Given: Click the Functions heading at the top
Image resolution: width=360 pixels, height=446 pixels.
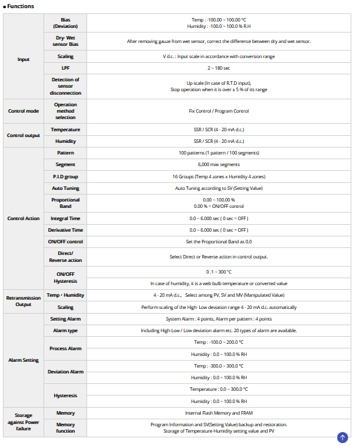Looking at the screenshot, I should click(20, 6).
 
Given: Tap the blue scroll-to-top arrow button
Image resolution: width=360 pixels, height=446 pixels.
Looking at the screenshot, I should click(342, 437).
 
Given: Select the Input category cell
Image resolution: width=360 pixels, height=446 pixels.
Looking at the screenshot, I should click(23, 59).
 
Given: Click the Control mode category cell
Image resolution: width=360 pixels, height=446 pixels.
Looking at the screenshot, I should click(23, 111).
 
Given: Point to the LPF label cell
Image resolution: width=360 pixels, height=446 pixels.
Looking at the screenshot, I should click(65, 68).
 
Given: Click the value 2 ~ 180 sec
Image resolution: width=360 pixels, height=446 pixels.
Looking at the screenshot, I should click(218, 68).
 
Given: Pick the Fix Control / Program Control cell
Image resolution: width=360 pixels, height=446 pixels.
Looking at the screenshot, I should click(218, 111).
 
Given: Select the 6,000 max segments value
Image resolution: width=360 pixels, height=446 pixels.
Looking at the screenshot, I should click(218, 165).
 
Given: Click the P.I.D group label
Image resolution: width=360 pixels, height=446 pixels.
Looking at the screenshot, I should click(65, 177).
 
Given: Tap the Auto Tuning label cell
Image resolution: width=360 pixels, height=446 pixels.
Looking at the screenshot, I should click(65, 188).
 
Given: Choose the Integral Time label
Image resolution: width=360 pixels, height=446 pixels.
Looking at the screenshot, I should click(65, 218).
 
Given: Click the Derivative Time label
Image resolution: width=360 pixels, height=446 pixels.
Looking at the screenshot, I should click(65, 230).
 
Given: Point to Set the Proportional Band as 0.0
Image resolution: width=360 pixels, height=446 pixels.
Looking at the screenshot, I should click(218, 242).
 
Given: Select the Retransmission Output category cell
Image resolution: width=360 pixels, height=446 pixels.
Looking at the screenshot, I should click(23, 301).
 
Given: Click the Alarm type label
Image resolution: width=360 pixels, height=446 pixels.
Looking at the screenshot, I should click(65, 330).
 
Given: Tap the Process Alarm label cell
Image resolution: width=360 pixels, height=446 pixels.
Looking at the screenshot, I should click(65, 348).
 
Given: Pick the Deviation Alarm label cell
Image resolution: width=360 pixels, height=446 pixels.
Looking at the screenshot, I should click(65, 372).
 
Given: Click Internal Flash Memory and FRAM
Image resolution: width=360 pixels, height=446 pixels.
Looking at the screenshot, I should click(218, 413).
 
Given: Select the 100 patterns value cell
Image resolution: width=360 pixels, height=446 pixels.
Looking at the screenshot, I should click(218, 153).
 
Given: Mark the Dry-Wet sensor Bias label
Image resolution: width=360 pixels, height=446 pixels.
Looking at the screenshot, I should click(65, 41).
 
